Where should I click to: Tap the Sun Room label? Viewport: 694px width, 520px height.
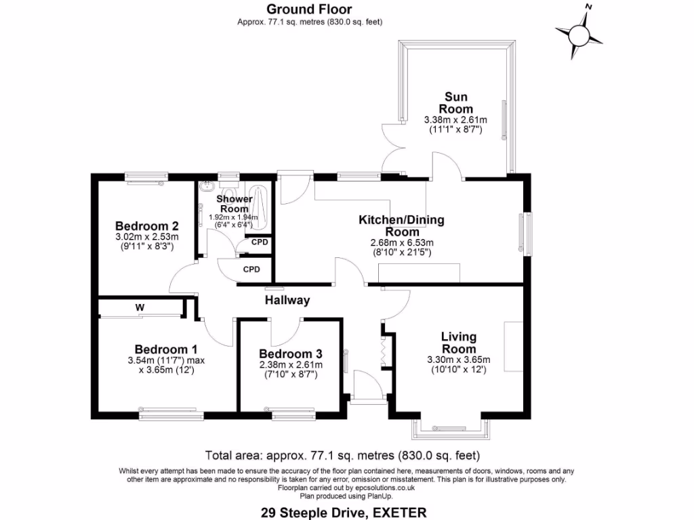coord(455,103)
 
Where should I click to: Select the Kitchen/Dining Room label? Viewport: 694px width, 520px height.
coord(401,225)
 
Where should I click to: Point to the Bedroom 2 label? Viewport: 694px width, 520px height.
coord(146,226)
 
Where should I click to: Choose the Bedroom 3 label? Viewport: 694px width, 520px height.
coord(290,353)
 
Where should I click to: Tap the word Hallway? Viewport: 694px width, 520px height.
coord(287,300)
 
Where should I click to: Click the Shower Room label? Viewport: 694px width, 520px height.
coord(234,204)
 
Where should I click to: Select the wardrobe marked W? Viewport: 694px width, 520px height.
coord(140,308)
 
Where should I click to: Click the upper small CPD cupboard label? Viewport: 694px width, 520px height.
coord(259,242)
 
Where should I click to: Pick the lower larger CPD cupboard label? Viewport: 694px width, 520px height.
coord(251,269)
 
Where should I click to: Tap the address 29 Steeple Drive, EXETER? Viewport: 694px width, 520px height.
coord(344,513)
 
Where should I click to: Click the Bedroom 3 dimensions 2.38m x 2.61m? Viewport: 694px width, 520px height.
coord(290,369)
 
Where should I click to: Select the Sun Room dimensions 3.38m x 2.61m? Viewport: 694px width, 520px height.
coord(455,125)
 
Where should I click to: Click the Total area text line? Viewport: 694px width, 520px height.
coord(342,455)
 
